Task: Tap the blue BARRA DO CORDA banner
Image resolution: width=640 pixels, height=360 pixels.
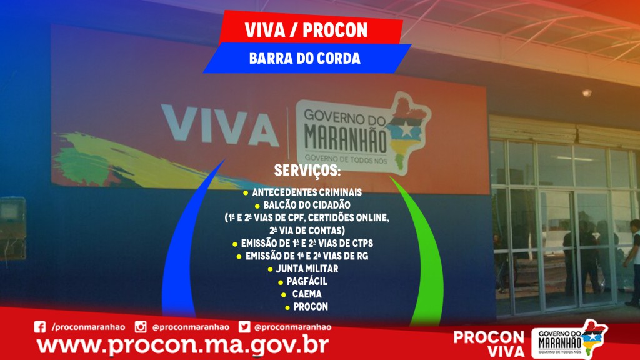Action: pos(307,58)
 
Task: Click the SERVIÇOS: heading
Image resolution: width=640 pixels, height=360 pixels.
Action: pos(307,171)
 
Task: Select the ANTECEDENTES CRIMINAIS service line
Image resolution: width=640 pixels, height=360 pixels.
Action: pos(307,192)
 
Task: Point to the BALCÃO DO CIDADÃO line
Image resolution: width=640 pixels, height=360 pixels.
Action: pos(307,205)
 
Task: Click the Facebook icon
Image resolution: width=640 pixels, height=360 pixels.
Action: pos(39,327)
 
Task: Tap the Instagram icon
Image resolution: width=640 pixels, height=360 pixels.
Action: pos(141,327)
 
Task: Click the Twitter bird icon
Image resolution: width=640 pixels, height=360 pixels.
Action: pos(244,327)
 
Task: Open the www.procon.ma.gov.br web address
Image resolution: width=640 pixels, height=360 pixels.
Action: pos(182,345)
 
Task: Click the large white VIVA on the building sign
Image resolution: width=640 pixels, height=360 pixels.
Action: pos(221,125)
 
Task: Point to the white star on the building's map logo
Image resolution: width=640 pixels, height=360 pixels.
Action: pos(406,129)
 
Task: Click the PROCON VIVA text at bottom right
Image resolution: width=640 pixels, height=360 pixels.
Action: pos(489,344)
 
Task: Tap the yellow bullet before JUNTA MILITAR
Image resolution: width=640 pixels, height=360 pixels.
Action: pos(270,269)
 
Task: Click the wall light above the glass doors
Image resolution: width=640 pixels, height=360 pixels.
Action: pos(586,93)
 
